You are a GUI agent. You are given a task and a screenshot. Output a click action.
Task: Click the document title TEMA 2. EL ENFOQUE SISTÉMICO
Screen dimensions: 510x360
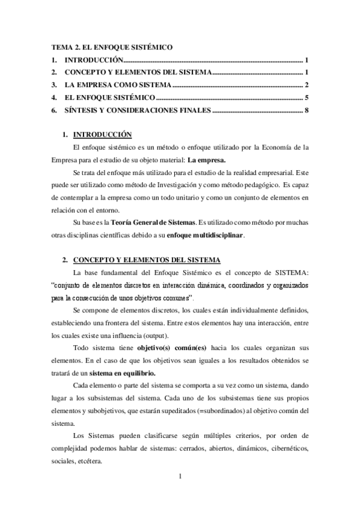(x=112, y=47)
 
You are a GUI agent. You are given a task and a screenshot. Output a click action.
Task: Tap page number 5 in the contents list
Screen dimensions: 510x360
(x=307, y=97)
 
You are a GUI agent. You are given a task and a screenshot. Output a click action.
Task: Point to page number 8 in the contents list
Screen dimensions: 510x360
(x=307, y=110)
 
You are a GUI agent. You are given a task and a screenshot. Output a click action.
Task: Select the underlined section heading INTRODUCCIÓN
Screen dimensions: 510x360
(x=102, y=134)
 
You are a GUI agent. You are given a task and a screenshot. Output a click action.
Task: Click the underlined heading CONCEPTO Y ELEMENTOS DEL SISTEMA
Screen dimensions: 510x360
(x=146, y=260)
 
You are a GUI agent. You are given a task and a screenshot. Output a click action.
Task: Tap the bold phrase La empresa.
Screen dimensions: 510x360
(x=207, y=161)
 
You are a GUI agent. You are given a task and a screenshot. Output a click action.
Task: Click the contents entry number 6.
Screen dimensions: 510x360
(x=54, y=110)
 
